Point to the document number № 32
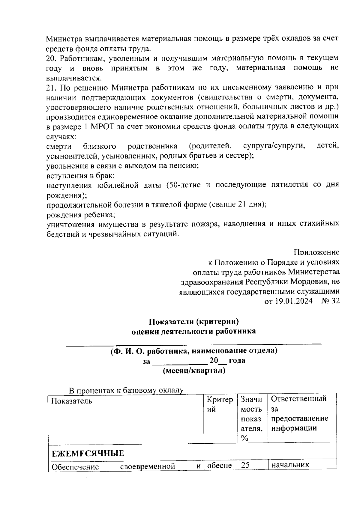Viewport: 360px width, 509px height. [x=330, y=301]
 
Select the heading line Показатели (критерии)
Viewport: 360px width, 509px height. [x=194, y=322]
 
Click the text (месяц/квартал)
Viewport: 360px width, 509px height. [x=194, y=371]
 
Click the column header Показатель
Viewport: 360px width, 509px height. [x=71, y=401]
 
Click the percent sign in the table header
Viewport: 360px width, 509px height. [x=244, y=438]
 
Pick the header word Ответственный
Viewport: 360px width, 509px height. [x=299, y=399]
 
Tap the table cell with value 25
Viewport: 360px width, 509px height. [x=245, y=466]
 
